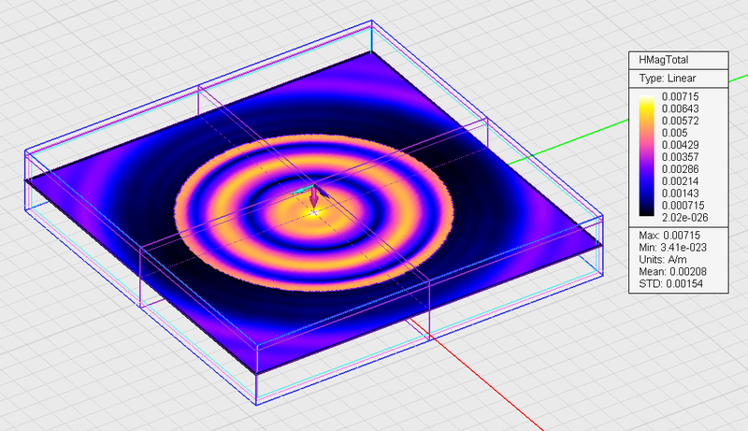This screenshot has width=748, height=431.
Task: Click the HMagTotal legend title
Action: (x=663, y=60)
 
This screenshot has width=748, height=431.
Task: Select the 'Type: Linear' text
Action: (x=668, y=79)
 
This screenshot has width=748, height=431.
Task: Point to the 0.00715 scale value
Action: (x=681, y=97)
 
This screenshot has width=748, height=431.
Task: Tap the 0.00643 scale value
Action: (x=681, y=108)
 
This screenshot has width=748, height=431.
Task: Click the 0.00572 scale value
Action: (x=681, y=122)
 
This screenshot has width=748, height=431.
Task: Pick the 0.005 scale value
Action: (x=674, y=133)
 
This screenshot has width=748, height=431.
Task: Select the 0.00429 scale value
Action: (x=681, y=145)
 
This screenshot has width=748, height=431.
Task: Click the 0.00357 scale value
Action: (x=681, y=157)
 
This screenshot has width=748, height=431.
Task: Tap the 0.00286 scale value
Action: (x=681, y=169)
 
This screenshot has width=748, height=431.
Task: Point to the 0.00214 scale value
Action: (x=681, y=181)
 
